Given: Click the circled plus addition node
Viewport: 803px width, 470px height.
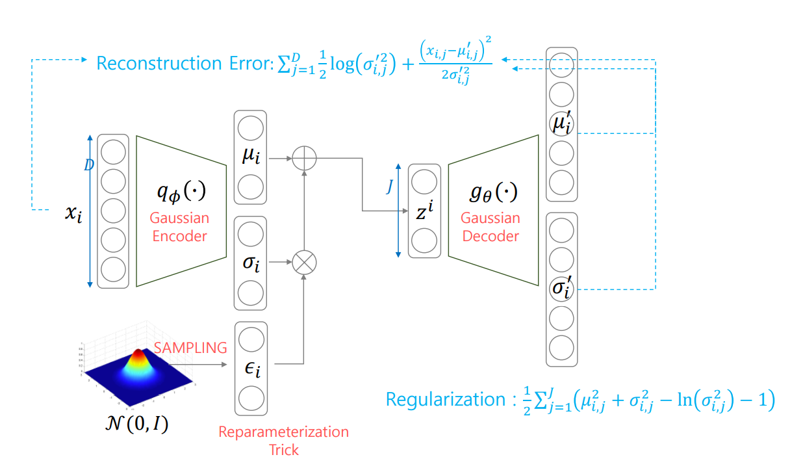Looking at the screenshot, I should [303, 158].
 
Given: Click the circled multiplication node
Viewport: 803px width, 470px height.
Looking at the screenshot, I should [303, 263].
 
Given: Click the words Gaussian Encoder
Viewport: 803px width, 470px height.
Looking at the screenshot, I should [179, 227].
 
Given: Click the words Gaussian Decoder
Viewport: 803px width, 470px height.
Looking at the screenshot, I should [491, 227].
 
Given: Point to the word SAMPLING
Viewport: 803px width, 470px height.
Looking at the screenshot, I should [190, 348].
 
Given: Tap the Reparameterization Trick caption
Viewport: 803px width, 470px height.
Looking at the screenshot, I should [283, 440].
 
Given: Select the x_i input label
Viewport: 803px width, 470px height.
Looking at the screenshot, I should [73, 213].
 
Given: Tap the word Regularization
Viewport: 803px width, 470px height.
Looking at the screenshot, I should [445, 399].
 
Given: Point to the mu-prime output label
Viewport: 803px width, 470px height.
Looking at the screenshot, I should [561, 124].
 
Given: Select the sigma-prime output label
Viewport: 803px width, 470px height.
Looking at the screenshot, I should [561, 287].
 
